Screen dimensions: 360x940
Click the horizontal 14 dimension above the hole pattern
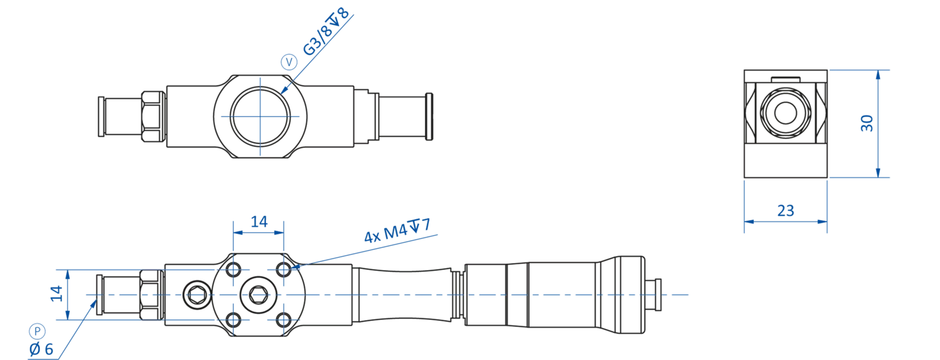(x=259, y=221)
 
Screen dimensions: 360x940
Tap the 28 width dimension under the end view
(x=785, y=210)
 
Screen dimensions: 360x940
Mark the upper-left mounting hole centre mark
(x=234, y=270)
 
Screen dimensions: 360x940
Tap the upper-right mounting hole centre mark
(x=284, y=270)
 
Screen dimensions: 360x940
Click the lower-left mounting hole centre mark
(x=234, y=320)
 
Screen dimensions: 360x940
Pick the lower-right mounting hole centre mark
(x=284, y=320)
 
